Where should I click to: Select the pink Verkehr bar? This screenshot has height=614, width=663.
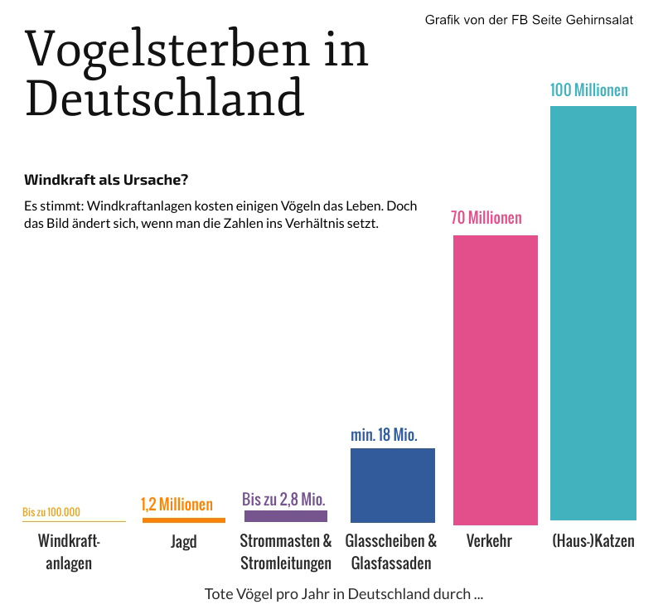495,380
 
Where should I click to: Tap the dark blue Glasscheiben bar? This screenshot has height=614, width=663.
392,486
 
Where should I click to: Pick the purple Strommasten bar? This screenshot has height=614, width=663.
285,516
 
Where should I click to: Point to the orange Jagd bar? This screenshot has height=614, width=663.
183,520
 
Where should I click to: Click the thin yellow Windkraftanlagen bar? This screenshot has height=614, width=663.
74,521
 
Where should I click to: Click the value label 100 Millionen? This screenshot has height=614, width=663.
588,89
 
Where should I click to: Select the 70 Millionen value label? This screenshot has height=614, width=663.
486,218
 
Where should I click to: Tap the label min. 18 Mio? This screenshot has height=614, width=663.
384,434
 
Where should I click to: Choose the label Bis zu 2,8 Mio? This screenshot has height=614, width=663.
283,499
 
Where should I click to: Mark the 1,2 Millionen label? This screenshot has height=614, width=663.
177,504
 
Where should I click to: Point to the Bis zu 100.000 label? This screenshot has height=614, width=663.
51,512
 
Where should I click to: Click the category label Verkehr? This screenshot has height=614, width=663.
489,542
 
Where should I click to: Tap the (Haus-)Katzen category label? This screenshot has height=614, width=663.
593,542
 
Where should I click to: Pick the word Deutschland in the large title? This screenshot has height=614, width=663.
164,98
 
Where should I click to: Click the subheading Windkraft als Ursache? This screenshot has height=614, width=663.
106,179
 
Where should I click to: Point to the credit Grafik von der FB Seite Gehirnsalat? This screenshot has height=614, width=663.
529,20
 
